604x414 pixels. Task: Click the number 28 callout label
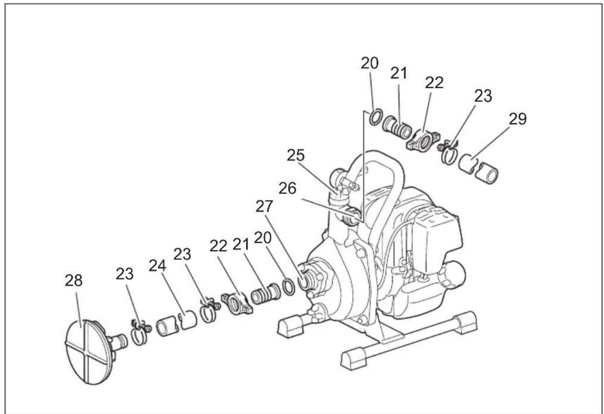[74, 281]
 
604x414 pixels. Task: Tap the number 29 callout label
[517, 119]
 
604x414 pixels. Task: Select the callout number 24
[158, 266]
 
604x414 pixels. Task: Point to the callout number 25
[296, 155]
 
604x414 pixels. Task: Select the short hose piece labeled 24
[176, 326]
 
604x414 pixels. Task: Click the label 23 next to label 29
[484, 96]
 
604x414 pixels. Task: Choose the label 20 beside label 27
[263, 238]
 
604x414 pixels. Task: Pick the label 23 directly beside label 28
[124, 274]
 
